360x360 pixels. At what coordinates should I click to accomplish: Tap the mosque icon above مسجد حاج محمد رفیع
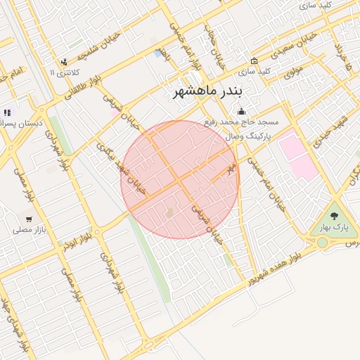(242, 110)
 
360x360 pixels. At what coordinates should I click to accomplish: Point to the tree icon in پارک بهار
(334, 216)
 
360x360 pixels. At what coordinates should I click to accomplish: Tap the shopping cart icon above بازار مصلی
(28, 218)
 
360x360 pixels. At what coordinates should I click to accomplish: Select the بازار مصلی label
(29, 229)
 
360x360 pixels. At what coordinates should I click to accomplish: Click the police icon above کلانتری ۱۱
(65, 62)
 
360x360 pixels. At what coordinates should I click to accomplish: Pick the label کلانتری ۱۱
(65, 72)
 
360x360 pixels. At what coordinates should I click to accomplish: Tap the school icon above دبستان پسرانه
(7, 112)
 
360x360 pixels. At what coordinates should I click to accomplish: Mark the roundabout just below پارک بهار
(322, 243)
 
